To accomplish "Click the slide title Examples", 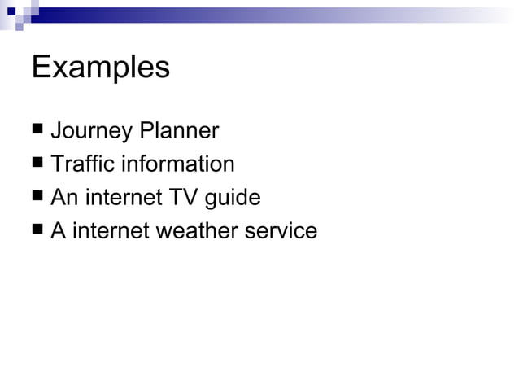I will pyautogui.click(x=100, y=68).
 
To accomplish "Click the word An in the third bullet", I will pyautogui.click(x=64, y=198).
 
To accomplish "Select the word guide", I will pyautogui.click(x=231, y=199).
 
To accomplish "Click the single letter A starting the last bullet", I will pyautogui.click(x=58, y=231).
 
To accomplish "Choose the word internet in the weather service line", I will pyautogui.click(x=111, y=231).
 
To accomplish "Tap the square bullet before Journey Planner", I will pyautogui.click(x=37, y=129).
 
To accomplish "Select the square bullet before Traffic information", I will pyautogui.click(x=37, y=163).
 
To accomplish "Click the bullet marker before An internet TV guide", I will pyautogui.click(x=37, y=196).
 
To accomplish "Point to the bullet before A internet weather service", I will pyautogui.click(x=37, y=229).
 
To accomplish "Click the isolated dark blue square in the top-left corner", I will pyautogui.click(x=11, y=11).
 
